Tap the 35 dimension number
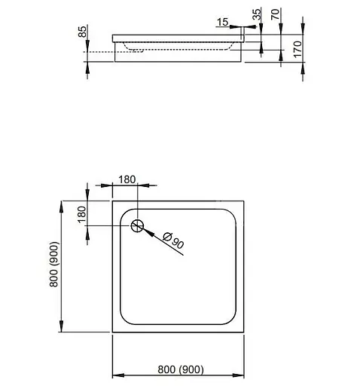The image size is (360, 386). tap(256, 15)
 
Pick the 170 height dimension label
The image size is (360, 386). tap(297, 51)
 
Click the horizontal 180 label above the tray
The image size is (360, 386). tap(127, 179)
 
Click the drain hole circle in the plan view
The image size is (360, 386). tap(138, 225)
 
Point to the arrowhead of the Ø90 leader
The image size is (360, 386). tap(145, 231)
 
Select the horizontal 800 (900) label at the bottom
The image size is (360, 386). tap(180, 369)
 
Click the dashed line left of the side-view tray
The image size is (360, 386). tap(98, 51)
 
